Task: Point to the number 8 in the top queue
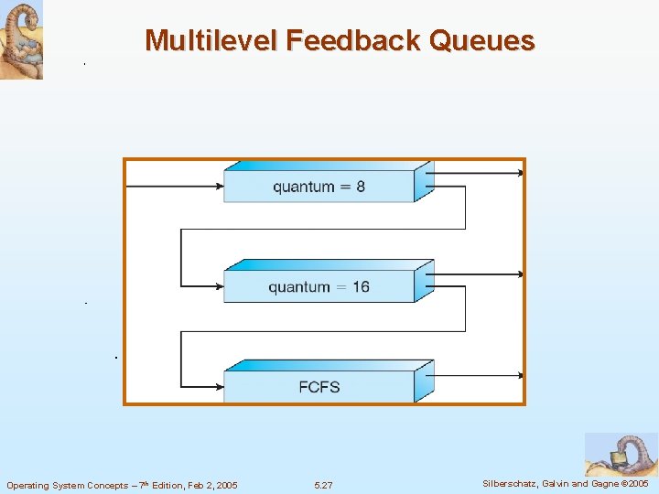tap(361, 187)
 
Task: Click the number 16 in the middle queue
tap(361, 286)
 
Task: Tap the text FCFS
tap(319, 386)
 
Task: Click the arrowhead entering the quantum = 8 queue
tap(219, 187)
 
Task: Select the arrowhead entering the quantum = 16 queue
tap(219, 286)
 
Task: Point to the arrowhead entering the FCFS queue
tap(219, 386)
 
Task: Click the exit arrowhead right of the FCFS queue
tap(521, 374)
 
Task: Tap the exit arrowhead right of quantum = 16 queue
tap(521, 274)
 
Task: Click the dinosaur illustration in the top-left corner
tap(21, 40)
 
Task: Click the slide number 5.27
tap(323, 485)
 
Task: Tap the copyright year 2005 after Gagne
tap(636, 484)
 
